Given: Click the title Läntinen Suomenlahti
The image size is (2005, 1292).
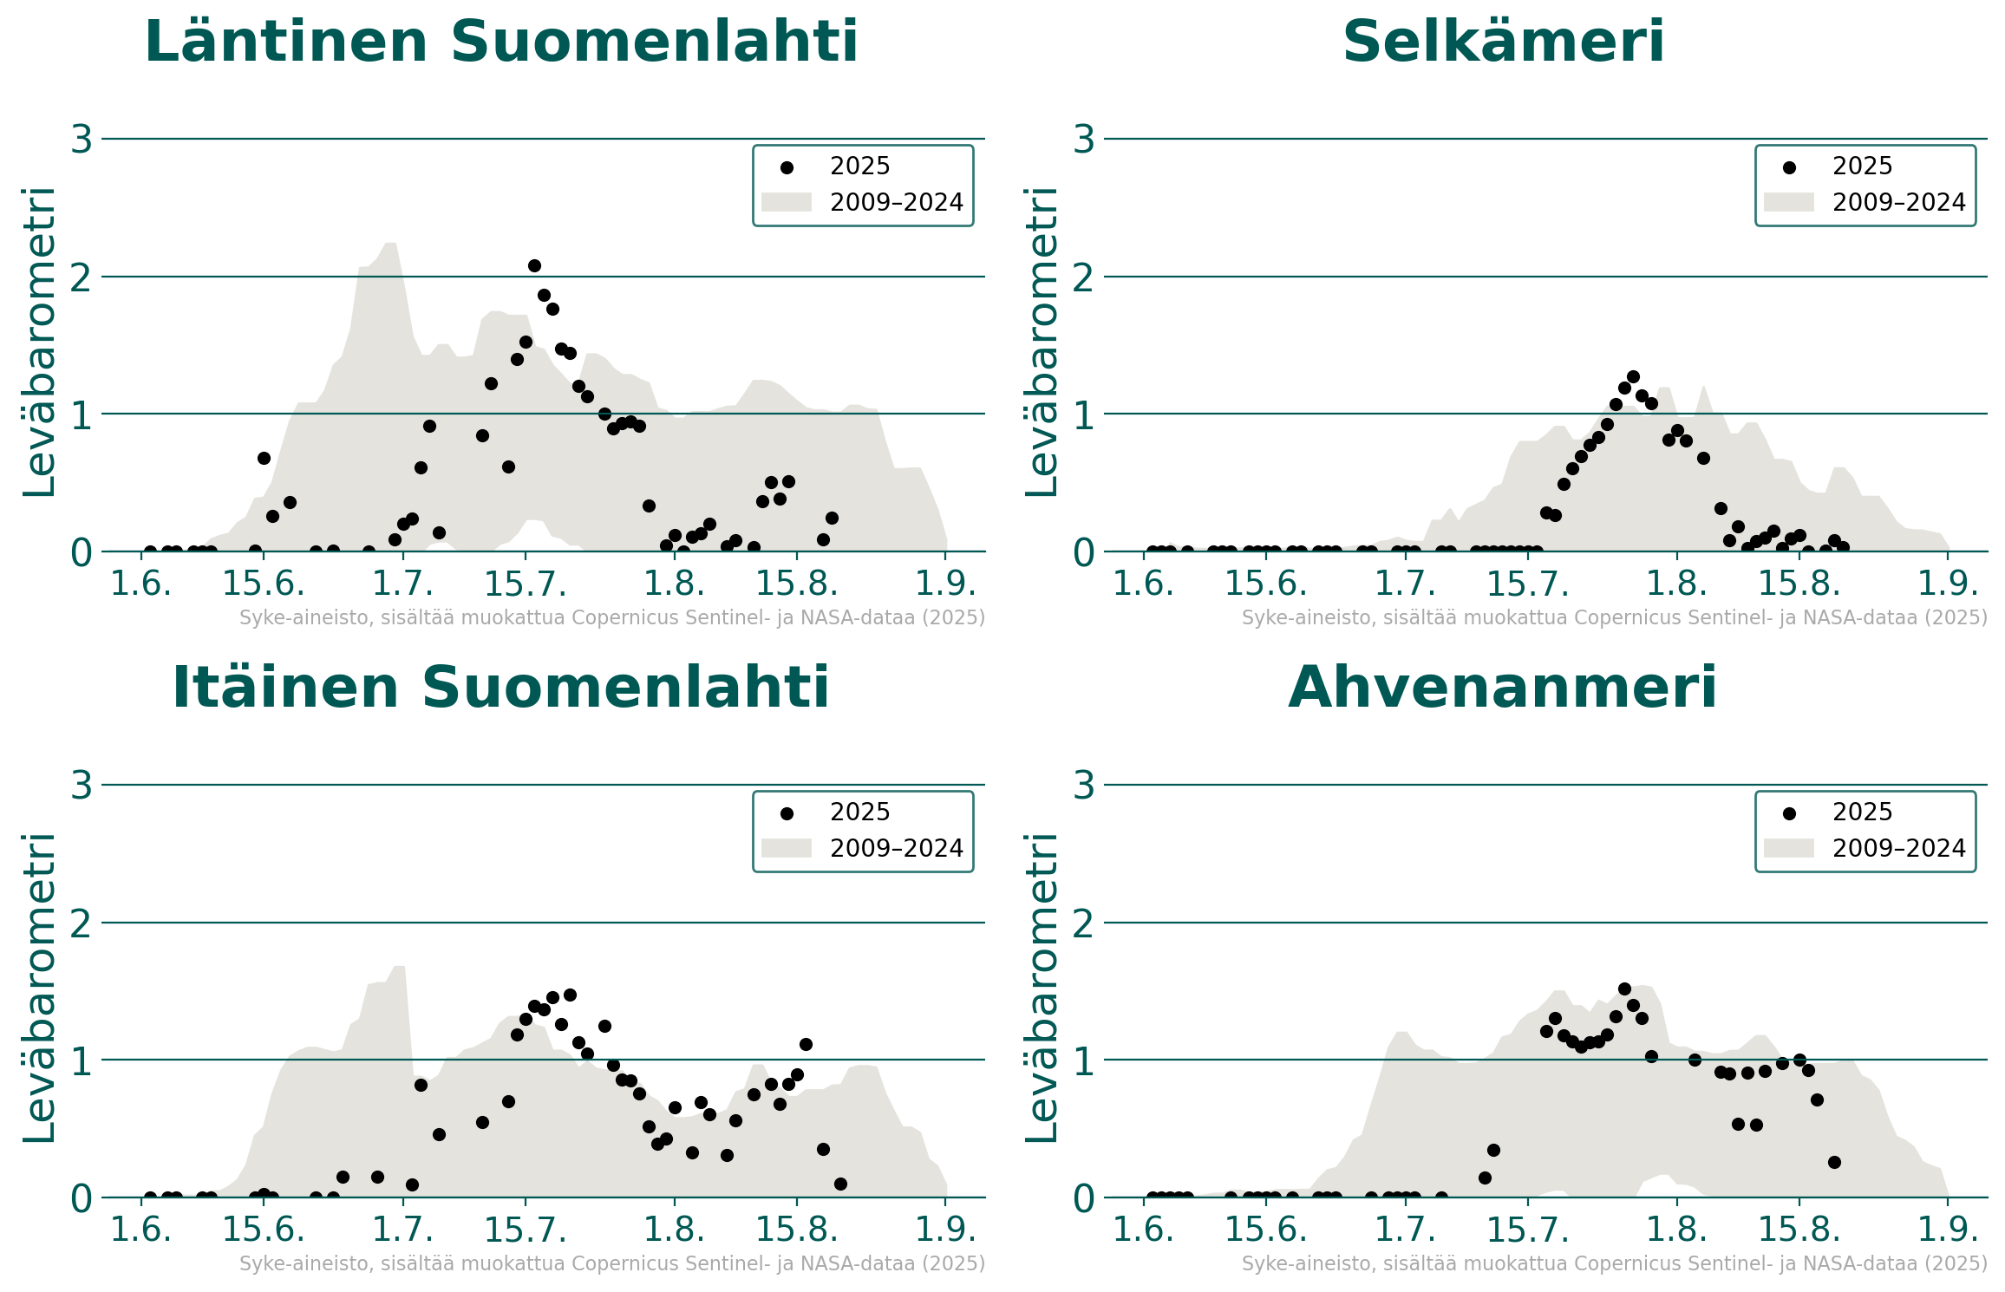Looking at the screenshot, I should click(501, 42).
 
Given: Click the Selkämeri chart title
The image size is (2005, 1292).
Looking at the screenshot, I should click(1503, 42).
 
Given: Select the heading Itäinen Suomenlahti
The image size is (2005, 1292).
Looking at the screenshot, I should click(501, 688).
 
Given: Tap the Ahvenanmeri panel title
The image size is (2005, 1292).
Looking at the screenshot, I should click(1503, 688).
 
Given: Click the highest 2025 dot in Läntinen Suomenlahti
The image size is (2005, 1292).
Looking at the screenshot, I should click(534, 265).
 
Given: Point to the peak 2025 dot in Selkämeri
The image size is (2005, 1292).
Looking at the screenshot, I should click(1633, 376).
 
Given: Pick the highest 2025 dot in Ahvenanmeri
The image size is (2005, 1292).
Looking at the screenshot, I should click(1624, 989).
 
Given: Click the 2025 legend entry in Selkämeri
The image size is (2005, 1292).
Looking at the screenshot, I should click(1861, 166).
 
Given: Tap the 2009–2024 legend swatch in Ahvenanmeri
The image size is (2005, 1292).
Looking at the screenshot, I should click(1788, 848).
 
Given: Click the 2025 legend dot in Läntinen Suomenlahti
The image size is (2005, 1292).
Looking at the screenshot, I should click(787, 167).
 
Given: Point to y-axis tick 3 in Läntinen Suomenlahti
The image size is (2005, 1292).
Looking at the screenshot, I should click(82, 139).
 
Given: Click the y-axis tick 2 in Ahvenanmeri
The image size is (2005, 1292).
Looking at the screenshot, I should click(1084, 923).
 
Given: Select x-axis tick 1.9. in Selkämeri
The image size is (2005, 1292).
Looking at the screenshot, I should click(1948, 584).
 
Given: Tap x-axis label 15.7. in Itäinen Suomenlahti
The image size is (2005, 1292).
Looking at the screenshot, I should click(525, 1230).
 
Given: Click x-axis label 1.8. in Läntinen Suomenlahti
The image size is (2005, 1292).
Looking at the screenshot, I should click(674, 584).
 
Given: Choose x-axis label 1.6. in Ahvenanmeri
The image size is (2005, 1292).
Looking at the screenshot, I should click(1143, 1230).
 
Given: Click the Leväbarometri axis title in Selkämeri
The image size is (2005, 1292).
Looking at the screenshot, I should click(1042, 343).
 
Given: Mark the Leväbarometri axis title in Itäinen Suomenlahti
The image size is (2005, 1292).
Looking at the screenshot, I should click(39, 989).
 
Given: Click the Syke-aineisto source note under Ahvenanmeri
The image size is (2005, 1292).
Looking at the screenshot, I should click(1614, 1263).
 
